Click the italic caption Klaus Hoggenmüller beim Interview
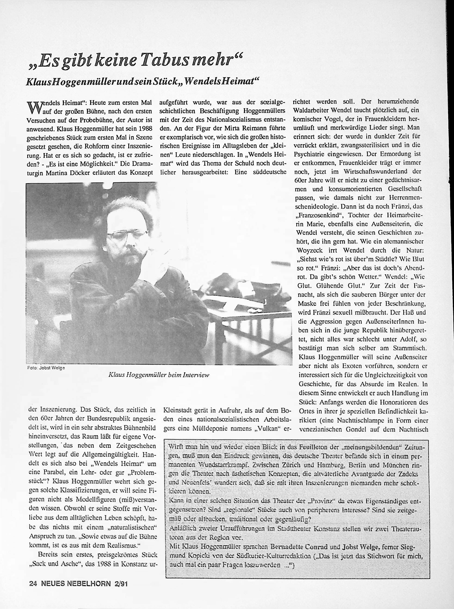[159, 374]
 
